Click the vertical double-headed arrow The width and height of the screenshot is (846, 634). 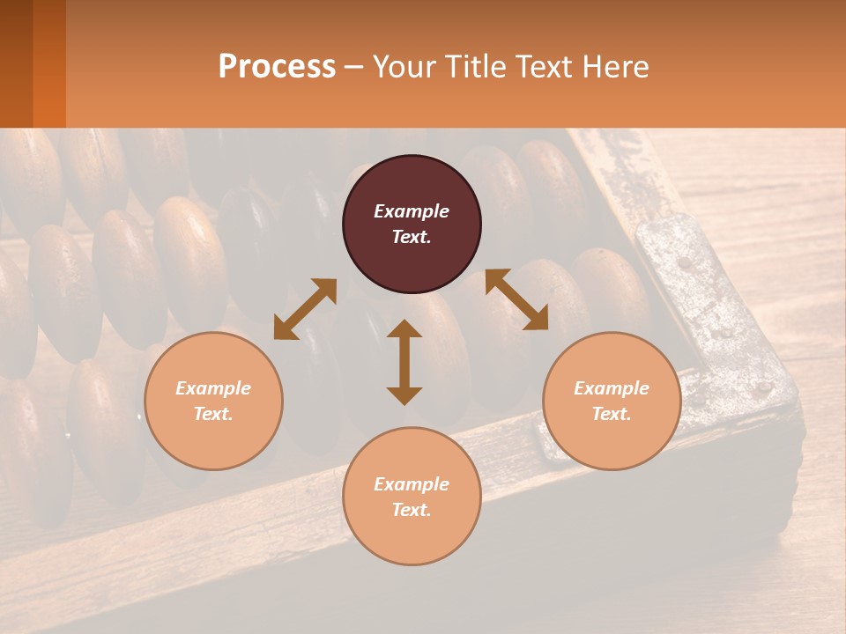(x=404, y=362)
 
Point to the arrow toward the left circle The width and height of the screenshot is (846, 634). (x=305, y=309)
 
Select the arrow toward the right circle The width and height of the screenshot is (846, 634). (x=516, y=299)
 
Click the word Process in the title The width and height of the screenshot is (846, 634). (x=277, y=66)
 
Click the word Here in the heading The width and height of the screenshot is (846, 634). (x=615, y=66)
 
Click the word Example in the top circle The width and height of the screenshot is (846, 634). (x=412, y=211)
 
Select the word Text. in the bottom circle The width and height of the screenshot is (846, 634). (x=412, y=510)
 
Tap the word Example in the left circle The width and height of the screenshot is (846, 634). (x=213, y=388)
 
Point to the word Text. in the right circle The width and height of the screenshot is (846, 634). (x=612, y=414)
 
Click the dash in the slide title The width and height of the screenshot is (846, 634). (x=353, y=67)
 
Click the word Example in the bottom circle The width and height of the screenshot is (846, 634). (x=412, y=484)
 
